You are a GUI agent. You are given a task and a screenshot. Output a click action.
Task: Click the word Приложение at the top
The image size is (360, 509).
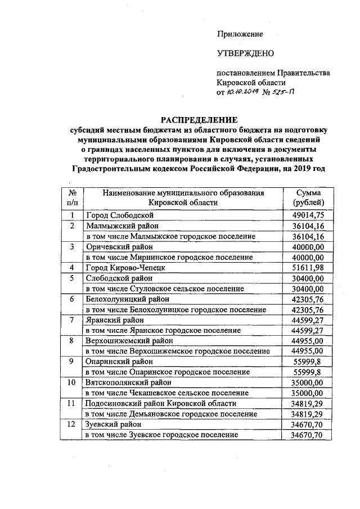point(240,34)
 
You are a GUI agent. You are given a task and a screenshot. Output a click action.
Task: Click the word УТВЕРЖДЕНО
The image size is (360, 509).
point(245,53)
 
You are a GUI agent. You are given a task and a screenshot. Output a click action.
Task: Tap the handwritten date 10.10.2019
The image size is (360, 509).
point(241,93)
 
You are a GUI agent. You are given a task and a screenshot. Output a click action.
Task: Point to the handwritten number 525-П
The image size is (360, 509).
point(285,93)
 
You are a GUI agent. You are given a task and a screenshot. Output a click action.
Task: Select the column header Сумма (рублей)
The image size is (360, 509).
point(308,198)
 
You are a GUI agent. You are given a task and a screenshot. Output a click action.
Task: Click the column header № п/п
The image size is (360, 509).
point(72,198)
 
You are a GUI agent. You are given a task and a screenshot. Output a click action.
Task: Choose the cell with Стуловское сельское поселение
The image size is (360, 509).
point(164,289)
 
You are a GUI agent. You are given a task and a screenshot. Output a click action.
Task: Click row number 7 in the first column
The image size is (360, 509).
point(72,320)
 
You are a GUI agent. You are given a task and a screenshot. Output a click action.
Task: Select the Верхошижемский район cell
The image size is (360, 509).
point(129,341)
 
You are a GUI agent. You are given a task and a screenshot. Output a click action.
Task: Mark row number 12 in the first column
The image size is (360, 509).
point(72,425)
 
